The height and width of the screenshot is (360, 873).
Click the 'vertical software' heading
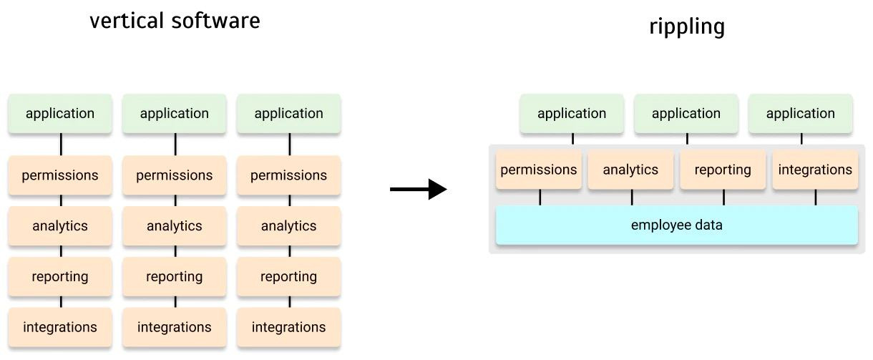tap(175, 21)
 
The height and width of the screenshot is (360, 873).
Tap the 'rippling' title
tap(687, 26)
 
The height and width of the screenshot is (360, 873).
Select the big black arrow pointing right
tap(418, 190)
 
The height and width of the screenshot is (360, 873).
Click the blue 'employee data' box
tap(677, 225)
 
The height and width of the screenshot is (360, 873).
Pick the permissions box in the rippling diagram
tap(539, 170)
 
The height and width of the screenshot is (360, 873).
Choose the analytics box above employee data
tap(630, 170)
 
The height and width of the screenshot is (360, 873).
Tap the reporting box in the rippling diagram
tap(723, 170)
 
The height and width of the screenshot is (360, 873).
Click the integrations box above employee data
tap(815, 170)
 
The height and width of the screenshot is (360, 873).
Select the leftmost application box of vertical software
tap(60, 114)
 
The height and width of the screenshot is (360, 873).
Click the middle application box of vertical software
tap(174, 114)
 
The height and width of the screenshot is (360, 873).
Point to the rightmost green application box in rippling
tap(801, 114)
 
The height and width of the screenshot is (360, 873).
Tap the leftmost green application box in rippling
tap(572, 114)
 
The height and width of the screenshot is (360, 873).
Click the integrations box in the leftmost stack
tap(60, 327)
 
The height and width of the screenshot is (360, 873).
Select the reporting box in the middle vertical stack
tap(174, 277)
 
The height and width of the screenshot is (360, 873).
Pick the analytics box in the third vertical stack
tap(289, 226)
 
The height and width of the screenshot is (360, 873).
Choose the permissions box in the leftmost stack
tap(60, 175)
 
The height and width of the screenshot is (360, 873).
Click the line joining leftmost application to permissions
tap(62, 145)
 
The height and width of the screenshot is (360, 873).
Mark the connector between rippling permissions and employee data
tap(540, 198)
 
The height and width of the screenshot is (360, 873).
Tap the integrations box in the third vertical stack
tap(289, 327)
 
